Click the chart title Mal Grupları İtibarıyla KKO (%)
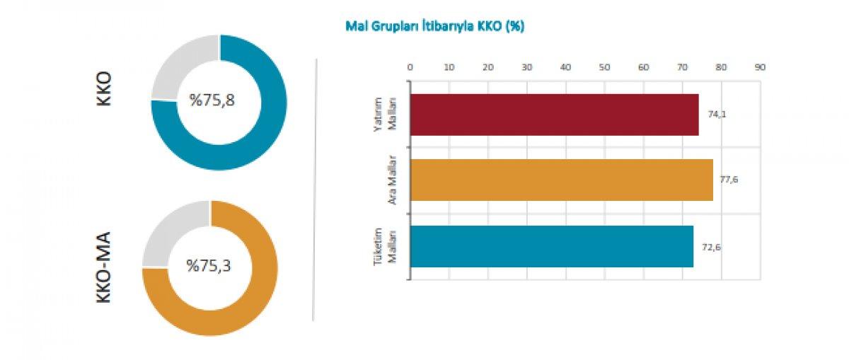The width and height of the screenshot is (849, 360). click(434, 26)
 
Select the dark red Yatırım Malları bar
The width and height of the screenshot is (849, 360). click(554, 115)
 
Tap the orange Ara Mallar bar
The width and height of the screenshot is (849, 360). click(561, 180)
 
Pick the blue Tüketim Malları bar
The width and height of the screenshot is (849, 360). click(551, 246)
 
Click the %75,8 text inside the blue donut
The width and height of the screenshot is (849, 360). click(212, 100)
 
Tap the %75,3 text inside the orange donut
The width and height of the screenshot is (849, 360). click(209, 266)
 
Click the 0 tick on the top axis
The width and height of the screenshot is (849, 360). click(410, 67)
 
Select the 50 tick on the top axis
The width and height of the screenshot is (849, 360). click(604, 67)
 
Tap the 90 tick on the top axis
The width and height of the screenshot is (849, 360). click(760, 67)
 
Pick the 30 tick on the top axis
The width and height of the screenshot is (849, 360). click(526, 67)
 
